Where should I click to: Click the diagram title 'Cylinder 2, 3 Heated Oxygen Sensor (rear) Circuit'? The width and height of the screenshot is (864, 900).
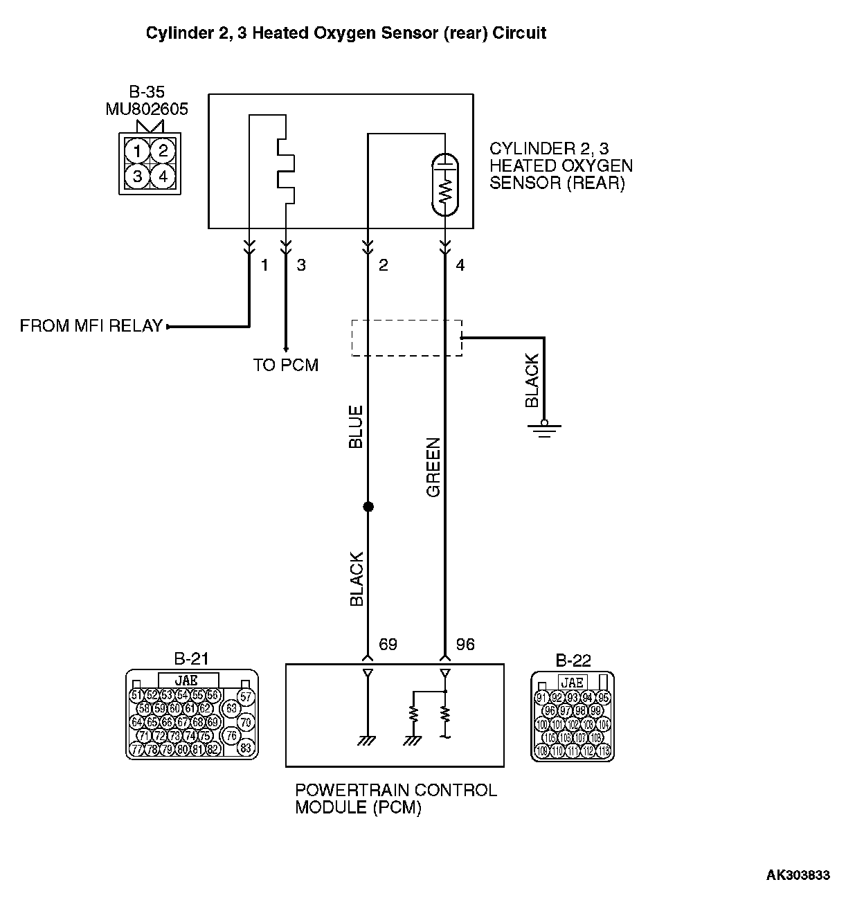(x=345, y=33)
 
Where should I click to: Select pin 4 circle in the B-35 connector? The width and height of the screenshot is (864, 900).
(x=163, y=177)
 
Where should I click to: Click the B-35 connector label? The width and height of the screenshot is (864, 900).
(x=147, y=91)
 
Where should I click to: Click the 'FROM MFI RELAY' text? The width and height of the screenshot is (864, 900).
(x=91, y=326)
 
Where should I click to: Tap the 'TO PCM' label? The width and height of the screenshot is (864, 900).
(x=285, y=366)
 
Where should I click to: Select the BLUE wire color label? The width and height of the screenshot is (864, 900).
(x=356, y=427)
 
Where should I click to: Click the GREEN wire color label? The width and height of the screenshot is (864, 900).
(x=433, y=467)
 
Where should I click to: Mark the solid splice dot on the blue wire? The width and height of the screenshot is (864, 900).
(x=368, y=507)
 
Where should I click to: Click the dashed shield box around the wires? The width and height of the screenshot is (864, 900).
(x=406, y=338)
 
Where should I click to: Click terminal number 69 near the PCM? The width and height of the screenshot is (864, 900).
(x=388, y=645)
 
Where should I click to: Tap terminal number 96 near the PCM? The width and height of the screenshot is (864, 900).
(x=465, y=645)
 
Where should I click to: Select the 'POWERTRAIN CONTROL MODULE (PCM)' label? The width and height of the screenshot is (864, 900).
(x=395, y=798)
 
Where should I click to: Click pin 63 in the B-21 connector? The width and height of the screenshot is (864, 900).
(x=231, y=708)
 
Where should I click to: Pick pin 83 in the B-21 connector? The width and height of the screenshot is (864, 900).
(x=245, y=748)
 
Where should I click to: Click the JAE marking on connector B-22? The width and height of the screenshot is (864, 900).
(x=573, y=683)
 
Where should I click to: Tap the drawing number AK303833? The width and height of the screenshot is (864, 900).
(x=798, y=875)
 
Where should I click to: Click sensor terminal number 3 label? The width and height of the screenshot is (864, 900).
(x=301, y=264)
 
